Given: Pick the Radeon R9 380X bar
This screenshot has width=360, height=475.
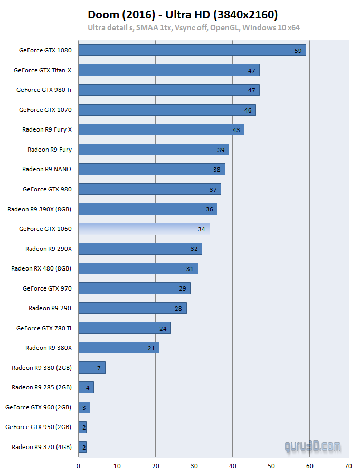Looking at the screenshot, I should pyautogui.click(x=119, y=348).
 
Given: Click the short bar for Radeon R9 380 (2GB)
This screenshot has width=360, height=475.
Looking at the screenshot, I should pyautogui.click(x=92, y=367).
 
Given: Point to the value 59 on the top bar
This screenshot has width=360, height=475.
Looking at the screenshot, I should pyautogui.click(x=298, y=51).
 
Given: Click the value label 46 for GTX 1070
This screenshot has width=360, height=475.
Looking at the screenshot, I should pyautogui.click(x=248, y=110).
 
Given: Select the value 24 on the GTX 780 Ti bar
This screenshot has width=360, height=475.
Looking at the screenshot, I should pyautogui.click(x=163, y=328).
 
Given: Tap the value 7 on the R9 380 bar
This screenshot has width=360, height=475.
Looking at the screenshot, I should pyautogui.click(x=99, y=367).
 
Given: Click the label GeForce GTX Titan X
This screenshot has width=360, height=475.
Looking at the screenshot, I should pyautogui.click(x=42, y=70).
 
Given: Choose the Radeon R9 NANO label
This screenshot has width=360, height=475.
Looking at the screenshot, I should pyautogui.click(x=46, y=169).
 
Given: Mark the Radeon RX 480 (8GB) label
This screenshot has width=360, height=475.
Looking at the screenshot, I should pyautogui.click(x=41, y=268).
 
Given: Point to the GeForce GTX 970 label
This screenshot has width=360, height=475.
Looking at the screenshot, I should pyautogui.click(x=47, y=288).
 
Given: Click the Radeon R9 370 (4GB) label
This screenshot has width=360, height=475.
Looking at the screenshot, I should pyautogui.click(x=42, y=447).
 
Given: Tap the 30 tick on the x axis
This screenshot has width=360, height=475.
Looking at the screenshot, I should pyautogui.click(x=194, y=466).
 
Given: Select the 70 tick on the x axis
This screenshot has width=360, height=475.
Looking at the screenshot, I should pyautogui.click(x=348, y=466).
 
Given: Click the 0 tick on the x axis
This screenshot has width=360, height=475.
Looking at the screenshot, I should pyautogui.click(x=79, y=466).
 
